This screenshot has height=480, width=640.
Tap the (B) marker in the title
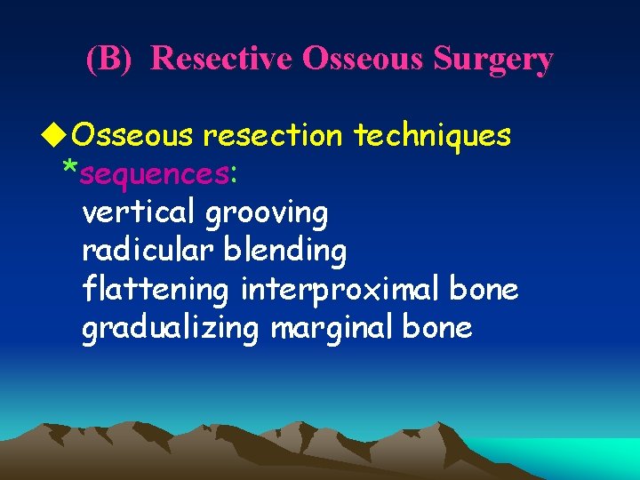click(x=108, y=59)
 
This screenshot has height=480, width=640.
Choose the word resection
click(x=273, y=135)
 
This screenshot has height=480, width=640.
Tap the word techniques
click(x=432, y=135)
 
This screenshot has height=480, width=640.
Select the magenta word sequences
click(x=154, y=174)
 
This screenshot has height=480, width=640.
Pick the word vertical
click(x=139, y=212)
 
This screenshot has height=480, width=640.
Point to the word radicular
click(x=148, y=252)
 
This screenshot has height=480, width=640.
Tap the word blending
click(x=284, y=252)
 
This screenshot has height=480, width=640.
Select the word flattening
click(x=156, y=291)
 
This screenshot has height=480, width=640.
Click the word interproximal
click(x=342, y=291)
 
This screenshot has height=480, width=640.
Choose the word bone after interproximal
click(x=484, y=290)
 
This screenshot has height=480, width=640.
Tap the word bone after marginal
click(x=437, y=329)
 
